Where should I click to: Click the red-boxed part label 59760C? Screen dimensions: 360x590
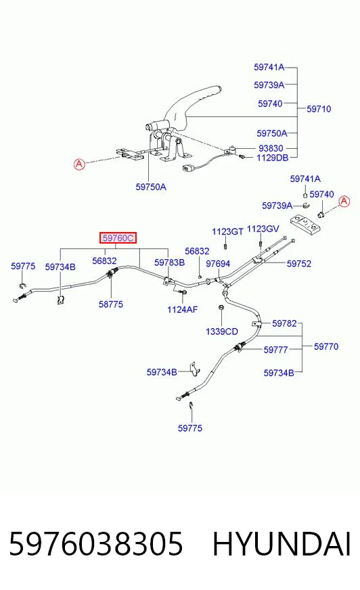coord(118,237)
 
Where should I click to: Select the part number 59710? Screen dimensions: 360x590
coord(319,109)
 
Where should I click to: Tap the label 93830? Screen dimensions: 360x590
coord(271,148)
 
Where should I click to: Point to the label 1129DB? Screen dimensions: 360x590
coord(272,158)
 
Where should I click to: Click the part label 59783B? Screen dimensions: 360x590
coord(169,263)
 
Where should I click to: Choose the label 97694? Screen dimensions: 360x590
coord(218,264)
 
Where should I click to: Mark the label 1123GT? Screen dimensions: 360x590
coord(227,231)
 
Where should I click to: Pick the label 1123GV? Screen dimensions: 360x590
coord(263,229)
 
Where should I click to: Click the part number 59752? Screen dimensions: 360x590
coord(298,264)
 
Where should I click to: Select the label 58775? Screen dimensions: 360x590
coord(110,304)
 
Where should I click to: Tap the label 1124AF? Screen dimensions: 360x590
coord(183,310)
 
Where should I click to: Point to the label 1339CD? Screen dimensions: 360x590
coord(221,332)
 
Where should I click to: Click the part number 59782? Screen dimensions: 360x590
coord(284,323)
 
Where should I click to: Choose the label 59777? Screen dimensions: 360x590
coord(275,350)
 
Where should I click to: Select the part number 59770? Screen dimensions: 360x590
coord(326,346)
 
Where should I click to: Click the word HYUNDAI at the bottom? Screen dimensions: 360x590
coord(282,544)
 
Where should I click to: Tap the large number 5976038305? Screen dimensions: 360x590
coord(96,544)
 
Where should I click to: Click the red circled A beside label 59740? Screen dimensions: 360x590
coord(344,202)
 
